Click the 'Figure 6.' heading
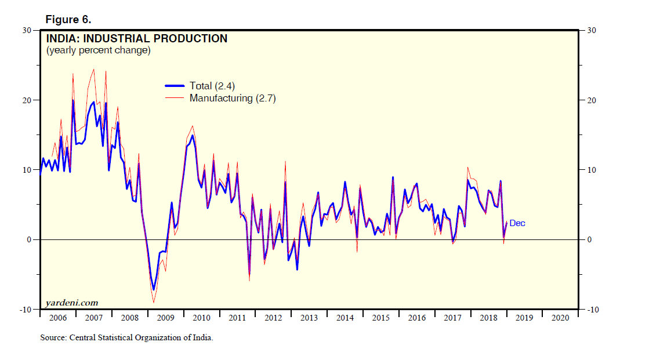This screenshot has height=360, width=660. tap(68, 19)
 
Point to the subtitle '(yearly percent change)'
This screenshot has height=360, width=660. tap(98, 50)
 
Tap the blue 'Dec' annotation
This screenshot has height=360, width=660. tap(517, 223)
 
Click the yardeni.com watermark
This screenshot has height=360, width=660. tap(72, 303)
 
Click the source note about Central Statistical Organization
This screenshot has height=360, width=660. tap(126, 337)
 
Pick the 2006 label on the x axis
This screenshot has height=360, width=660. tap(58, 318)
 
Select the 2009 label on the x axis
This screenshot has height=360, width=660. tap(165, 318)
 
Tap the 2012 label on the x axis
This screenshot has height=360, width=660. tap(273, 318)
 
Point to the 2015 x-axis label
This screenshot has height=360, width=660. tap(380, 318)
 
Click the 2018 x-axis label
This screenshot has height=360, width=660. tap(488, 318)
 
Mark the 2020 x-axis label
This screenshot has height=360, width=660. tap(560, 318)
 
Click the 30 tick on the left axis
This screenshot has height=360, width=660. tap(27, 30)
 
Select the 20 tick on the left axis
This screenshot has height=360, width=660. tap(27, 100)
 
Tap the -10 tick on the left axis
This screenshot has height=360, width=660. tap(26, 310)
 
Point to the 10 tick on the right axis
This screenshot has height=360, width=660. tap(592, 170)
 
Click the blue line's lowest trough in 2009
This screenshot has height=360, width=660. tap(154, 289)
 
